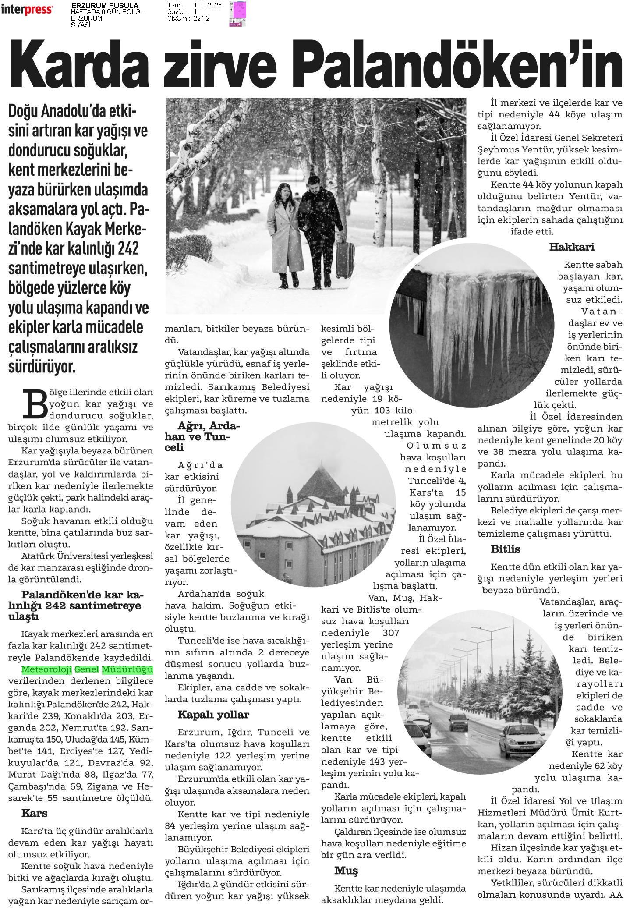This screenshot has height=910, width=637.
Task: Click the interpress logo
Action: click(x=27, y=10)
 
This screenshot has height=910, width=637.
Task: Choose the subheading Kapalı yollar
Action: click(x=213, y=715)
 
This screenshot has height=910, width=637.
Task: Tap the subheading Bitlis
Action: click(x=505, y=549)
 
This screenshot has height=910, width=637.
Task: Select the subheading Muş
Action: click(x=346, y=870)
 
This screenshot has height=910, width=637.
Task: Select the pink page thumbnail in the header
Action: click(x=239, y=14)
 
